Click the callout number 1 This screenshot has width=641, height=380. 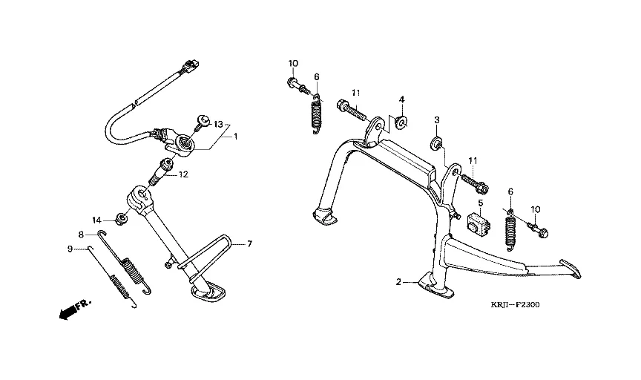(236, 137)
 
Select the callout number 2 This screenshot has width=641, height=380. (398, 282)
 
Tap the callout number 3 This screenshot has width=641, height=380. (437, 120)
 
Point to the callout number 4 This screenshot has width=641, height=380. (401, 99)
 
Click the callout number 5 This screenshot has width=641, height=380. (480, 203)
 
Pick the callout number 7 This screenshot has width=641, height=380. (250, 243)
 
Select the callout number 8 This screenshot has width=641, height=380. (82, 235)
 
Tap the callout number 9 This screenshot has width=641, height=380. (70, 249)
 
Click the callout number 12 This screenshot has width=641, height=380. (183, 176)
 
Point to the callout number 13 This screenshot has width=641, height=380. (218, 124)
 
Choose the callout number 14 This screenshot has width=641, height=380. (96, 220)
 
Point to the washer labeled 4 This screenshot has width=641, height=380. (401, 122)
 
